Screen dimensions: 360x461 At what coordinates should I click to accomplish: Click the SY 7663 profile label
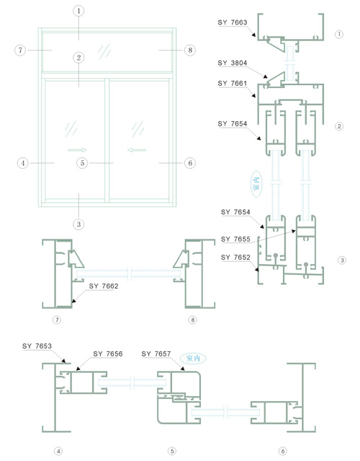[x=233, y=22]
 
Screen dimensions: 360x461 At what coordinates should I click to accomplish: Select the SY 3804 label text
[x=233, y=63]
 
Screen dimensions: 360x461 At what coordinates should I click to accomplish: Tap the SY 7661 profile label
[x=233, y=84]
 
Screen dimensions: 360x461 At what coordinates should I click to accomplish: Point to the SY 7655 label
[x=235, y=239]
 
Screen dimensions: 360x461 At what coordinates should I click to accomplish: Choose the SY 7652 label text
[x=235, y=258]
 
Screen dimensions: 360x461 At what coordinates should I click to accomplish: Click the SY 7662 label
[x=104, y=286]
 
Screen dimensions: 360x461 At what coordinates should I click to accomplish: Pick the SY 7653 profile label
[x=37, y=346]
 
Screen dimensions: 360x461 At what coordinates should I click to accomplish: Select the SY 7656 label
[x=108, y=354]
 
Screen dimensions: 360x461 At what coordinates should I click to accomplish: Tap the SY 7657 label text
[x=156, y=354]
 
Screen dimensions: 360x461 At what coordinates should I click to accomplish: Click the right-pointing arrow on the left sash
[x=77, y=150]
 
